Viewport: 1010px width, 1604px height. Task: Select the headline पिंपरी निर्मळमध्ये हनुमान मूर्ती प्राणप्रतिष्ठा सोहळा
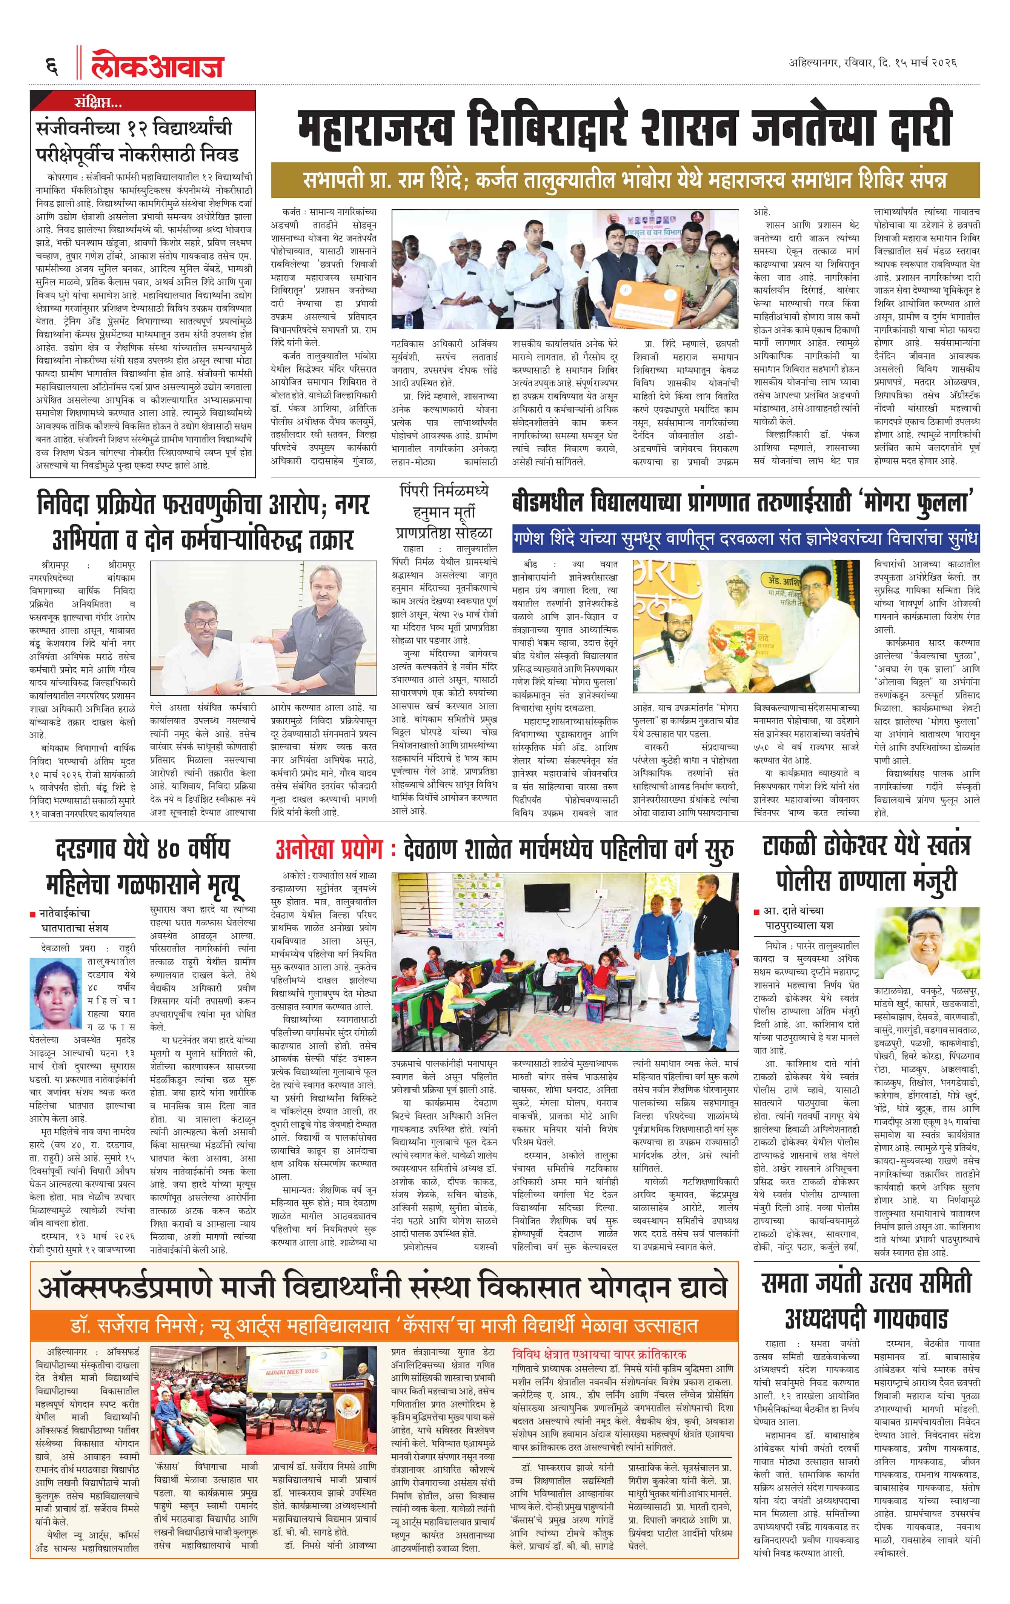pyautogui.click(x=443, y=512)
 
